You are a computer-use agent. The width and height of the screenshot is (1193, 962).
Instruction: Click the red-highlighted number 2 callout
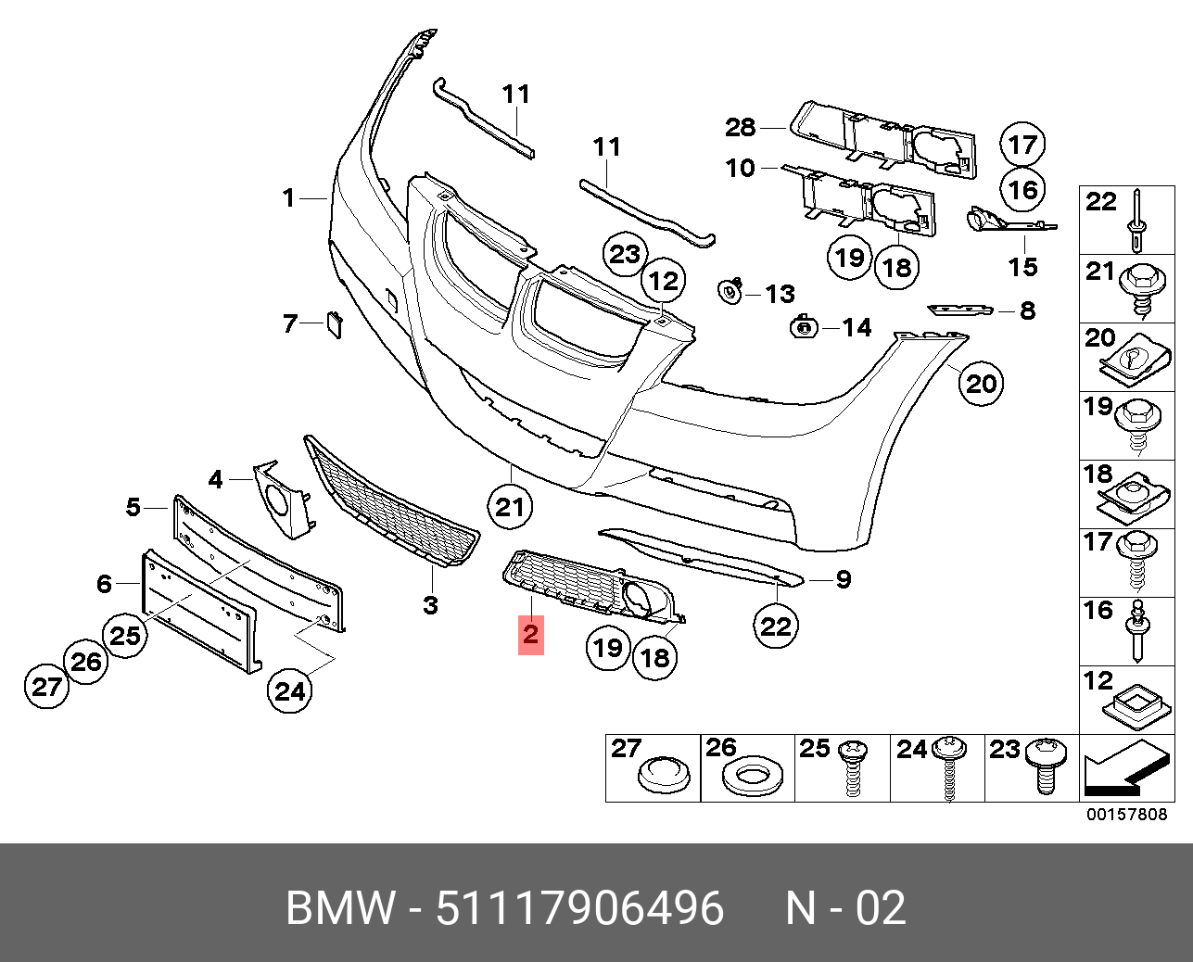(530, 635)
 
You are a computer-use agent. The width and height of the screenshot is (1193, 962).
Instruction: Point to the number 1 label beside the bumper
(289, 197)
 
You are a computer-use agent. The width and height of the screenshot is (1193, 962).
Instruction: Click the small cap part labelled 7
(333, 325)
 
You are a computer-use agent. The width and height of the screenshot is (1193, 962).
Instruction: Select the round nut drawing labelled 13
(730, 293)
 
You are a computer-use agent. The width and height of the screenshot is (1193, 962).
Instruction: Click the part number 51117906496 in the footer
(579, 908)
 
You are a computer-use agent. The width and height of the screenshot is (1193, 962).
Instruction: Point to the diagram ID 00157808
(1126, 816)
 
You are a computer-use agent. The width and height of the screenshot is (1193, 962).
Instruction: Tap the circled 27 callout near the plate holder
(46, 686)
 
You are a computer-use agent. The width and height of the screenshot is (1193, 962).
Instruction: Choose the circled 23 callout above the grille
(625, 254)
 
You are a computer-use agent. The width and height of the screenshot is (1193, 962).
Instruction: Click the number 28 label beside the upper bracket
(740, 127)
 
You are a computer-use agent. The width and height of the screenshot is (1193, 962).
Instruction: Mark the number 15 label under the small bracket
(1022, 267)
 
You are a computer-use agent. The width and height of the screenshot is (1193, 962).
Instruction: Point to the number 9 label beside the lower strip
(843, 579)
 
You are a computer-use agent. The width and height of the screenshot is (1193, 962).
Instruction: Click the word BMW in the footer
(340, 908)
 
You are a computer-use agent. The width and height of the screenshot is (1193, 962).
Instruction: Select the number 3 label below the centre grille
(430, 605)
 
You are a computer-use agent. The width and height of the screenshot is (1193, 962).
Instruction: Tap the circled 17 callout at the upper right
(1022, 144)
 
